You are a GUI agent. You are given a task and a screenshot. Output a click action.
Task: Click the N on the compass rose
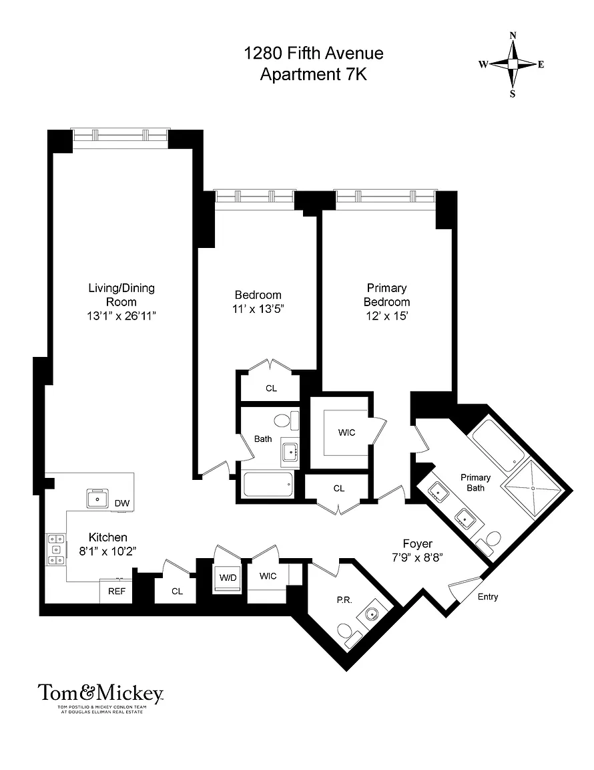point(513,35)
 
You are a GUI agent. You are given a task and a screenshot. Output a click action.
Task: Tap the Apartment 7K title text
point(314,75)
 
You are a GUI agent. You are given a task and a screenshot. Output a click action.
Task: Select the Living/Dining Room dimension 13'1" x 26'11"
point(121,315)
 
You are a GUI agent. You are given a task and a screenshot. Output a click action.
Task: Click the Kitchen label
point(108,537)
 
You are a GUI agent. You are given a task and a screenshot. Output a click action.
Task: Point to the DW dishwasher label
point(122,503)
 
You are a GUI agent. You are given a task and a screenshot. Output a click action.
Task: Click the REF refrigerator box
point(117,592)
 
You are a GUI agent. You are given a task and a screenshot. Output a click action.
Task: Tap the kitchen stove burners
point(55,549)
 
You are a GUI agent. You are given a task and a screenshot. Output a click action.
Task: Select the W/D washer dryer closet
point(228,578)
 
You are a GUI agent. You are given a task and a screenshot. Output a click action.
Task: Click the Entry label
point(488,597)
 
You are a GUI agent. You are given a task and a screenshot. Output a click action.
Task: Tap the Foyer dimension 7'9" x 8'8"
point(417,557)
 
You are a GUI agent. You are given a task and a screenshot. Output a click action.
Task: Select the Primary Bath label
point(475,482)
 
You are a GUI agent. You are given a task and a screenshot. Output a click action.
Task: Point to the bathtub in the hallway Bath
point(268,485)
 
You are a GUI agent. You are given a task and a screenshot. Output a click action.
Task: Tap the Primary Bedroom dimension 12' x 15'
point(386,315)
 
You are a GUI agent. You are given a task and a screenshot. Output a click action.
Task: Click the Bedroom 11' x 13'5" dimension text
point(258,309)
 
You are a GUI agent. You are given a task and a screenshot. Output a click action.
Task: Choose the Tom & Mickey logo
point(101,697)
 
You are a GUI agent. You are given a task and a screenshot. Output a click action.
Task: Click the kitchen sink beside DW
point(97,499)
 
